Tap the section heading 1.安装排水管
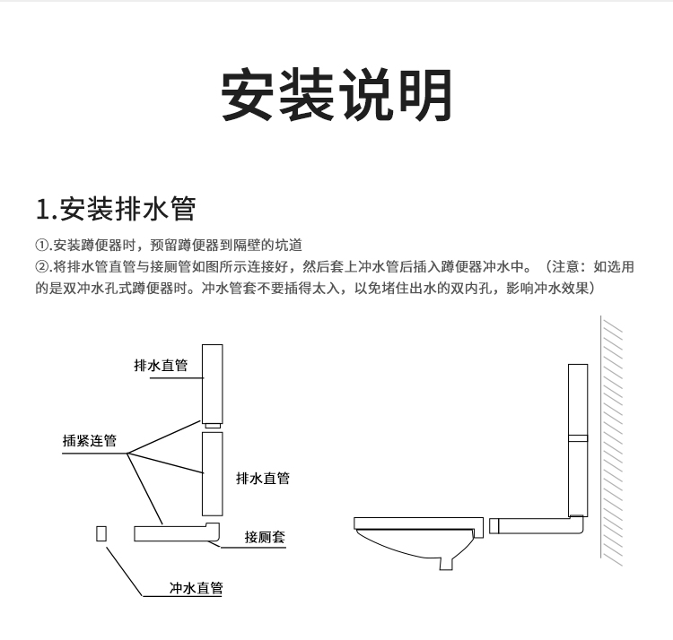pos(115,209)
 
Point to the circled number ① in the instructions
pos(41,246)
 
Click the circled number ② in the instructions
pos(41,267)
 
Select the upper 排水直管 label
pos(161,366)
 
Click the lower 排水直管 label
pos(262,478)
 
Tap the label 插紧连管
pos(90,441)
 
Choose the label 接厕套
pos(265,537)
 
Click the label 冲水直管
pos(197,588)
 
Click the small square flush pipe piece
pos(101,532)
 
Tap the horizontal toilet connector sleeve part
pos(175,532)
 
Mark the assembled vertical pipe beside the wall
pos(578,439)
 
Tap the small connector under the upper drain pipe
pos(211,423)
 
